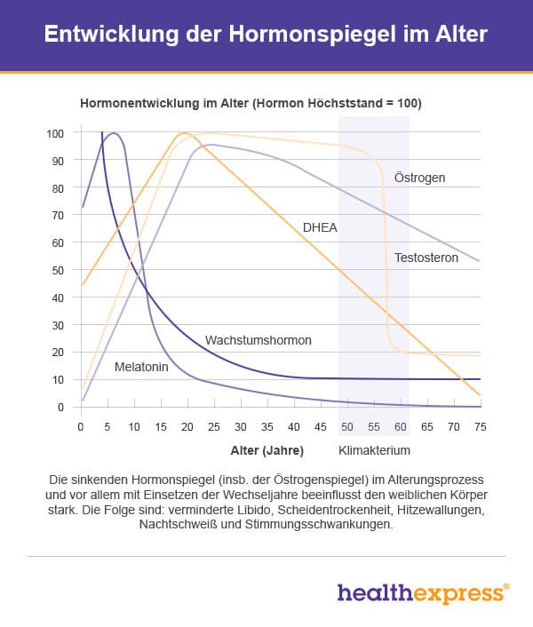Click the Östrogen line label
coord(419,178)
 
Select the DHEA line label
coord(320,227)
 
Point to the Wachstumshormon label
coord(259,340)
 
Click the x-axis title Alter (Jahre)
coord(266,449)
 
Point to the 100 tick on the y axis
coord(55,133)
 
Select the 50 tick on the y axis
coord(59,270)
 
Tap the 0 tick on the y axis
coord(61,407)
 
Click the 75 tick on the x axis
coord(480,426)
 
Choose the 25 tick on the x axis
coord(213,426)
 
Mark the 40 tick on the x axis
coord(293,426)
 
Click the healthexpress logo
coord(423,593)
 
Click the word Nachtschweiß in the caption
coord(176,525)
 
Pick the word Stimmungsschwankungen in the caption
coord(315,525)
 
